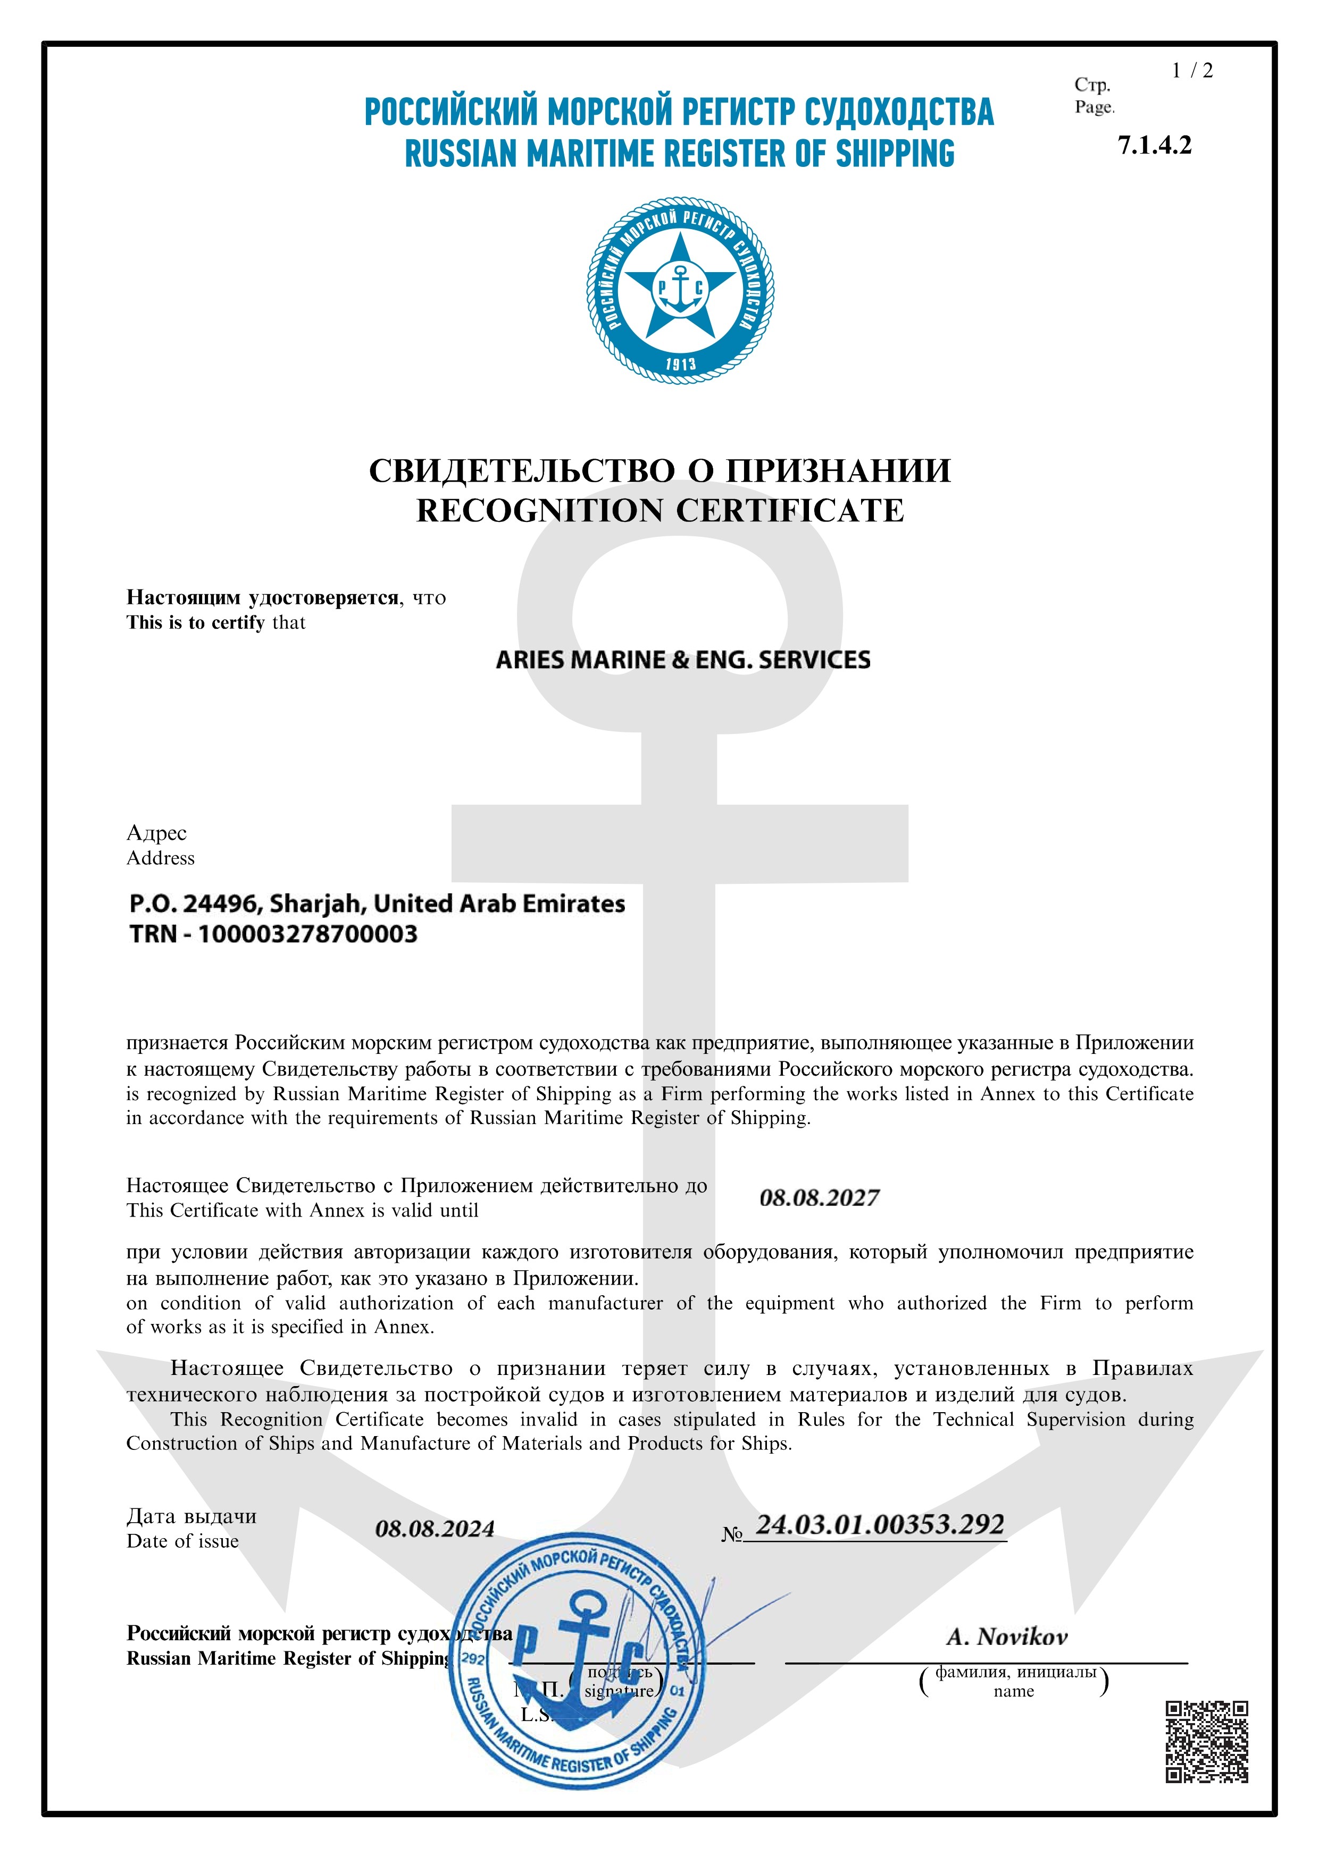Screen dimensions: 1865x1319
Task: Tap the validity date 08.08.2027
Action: pyautogui.click(x=819, y=1198)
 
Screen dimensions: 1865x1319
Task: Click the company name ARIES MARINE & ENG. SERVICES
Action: pyautogui.click(x=683, y=660)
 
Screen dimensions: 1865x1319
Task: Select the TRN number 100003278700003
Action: pyautogui.click(x=308, y=934)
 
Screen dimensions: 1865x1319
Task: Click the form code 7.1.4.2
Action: pyautogui.click(x=1154, y=146)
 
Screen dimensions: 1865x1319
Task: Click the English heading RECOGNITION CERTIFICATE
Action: pyautogui.click(x=660, y=511)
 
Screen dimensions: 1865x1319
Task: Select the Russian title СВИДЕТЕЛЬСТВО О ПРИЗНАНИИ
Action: pyautogui.click(x=660, y=471)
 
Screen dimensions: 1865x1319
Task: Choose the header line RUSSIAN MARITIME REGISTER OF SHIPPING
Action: pyautogui.click(x=679, y=154)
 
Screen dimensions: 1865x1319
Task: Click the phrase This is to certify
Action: pyautogui.click(x=196, y=623)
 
